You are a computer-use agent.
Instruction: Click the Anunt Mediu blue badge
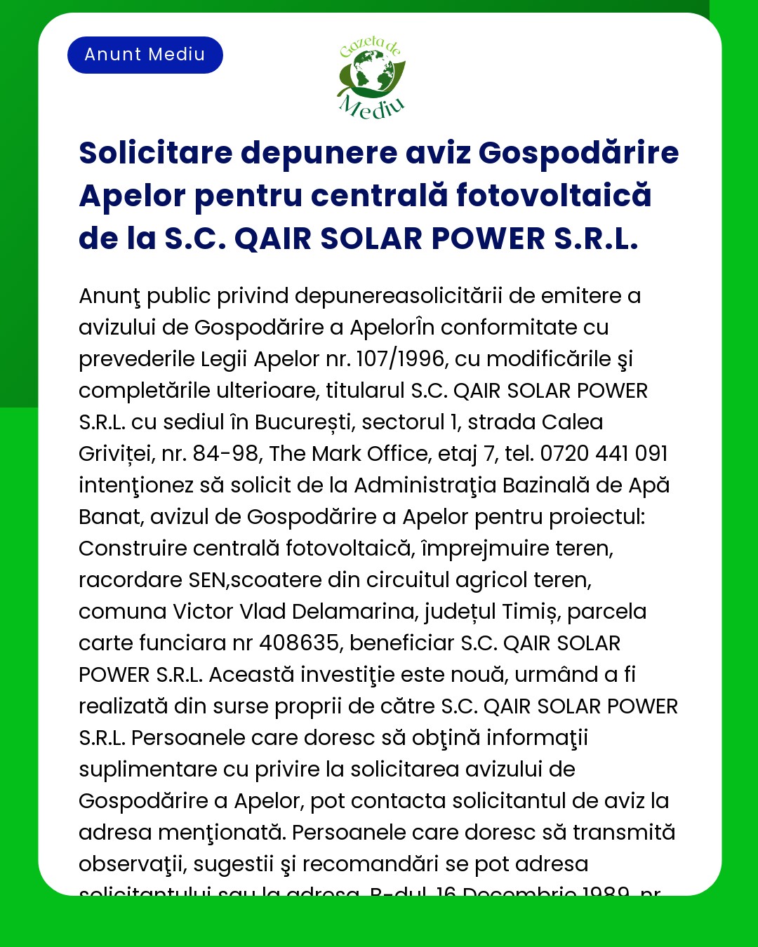click(x=145, y=55)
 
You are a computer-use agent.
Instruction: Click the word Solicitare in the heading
click(x=155, y=153)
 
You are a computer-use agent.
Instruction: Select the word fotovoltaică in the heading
click(x=554, y=196)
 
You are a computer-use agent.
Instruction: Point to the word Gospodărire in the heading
click(x=578, y=153)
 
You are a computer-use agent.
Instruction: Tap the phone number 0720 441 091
click(x=604, y=454)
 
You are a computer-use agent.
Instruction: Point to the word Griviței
click(x=116, y=454)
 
